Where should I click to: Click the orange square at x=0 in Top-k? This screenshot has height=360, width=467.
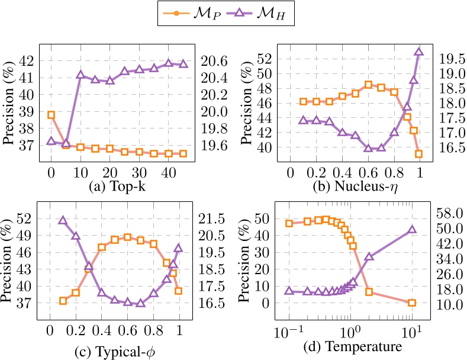[x=51, y=115]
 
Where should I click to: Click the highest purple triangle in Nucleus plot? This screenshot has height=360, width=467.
[x=418, y=52]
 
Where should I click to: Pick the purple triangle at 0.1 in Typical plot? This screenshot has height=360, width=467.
[x=63, y=220]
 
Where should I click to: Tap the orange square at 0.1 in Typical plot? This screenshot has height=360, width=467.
[x=63, y=301]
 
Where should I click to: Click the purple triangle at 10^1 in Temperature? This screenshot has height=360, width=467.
[x=412, y=230]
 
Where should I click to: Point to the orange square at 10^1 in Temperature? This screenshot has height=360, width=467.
[x=412, y=303]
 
